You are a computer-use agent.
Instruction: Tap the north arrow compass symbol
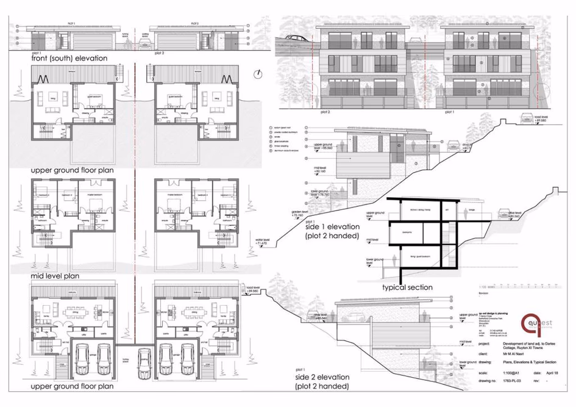260,73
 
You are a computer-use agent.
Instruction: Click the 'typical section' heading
407,287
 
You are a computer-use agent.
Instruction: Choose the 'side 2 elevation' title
322,381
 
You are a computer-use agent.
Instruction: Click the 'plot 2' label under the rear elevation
324,112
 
